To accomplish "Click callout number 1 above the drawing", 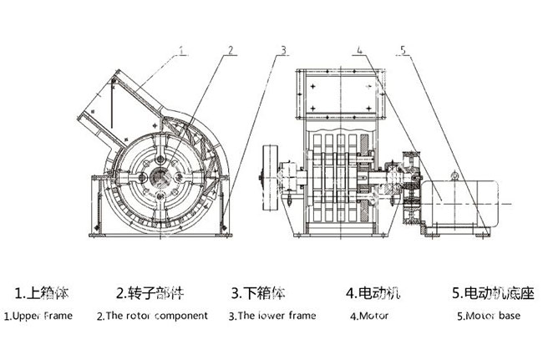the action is (x=183, y=51).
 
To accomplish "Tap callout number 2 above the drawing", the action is (x=231, y=51).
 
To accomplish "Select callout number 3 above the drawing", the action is (x=283, y=51).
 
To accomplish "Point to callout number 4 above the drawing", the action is (x=359, y=51).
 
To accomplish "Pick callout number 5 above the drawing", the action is (x=403, y=51).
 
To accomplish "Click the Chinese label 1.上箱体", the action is (x=42, y=293).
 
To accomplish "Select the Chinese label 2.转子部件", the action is (x=150, y=293).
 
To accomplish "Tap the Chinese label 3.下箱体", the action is (x=258, y=293).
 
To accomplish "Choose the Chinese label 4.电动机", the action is (x=373, y=293).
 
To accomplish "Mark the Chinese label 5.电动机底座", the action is (x=493, y=293).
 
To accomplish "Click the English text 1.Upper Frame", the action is (x=38, y=316).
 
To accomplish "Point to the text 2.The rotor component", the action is (x=152, y=316).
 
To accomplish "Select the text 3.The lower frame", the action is (x=272, y=316).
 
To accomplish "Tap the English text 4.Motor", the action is (x=369, y=316).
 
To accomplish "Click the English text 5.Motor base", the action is (x=489, y=316).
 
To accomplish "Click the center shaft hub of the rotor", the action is (x=160, y=177).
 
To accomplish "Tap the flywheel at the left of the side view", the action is (x=271, y=178).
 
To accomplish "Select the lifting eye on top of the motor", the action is (x=454, y=176).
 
